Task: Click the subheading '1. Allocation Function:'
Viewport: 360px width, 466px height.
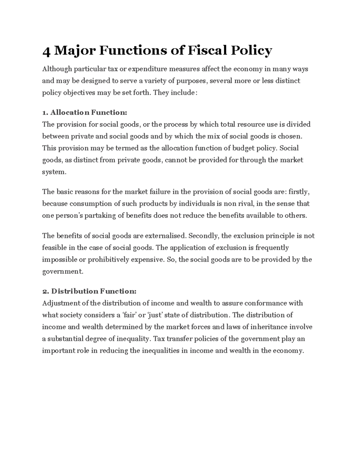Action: pos(85,113)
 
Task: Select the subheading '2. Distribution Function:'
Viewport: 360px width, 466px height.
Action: pos(89,291)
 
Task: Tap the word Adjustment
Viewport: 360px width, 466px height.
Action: pos(61,303)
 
